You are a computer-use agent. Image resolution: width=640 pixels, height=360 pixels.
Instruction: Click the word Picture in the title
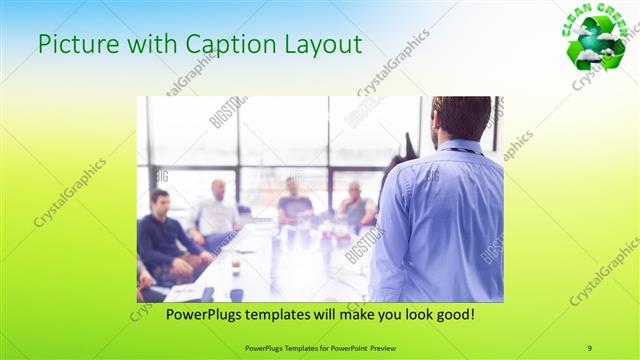coord(75,45)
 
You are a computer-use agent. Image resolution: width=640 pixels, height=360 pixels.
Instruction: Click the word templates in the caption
coord(264,315)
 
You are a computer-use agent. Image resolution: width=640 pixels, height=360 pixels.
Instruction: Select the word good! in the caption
coord(454,315)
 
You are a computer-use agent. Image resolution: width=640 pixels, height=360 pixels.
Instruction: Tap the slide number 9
coord(589,348)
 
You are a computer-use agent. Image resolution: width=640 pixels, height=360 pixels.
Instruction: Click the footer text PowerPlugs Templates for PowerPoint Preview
coord(320,348)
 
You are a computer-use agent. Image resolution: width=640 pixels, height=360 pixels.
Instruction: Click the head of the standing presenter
coord(462,117)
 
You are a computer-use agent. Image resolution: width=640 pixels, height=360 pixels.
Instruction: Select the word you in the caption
coord(381,315)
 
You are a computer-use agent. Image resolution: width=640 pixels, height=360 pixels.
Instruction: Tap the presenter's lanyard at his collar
coord(460,150)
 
